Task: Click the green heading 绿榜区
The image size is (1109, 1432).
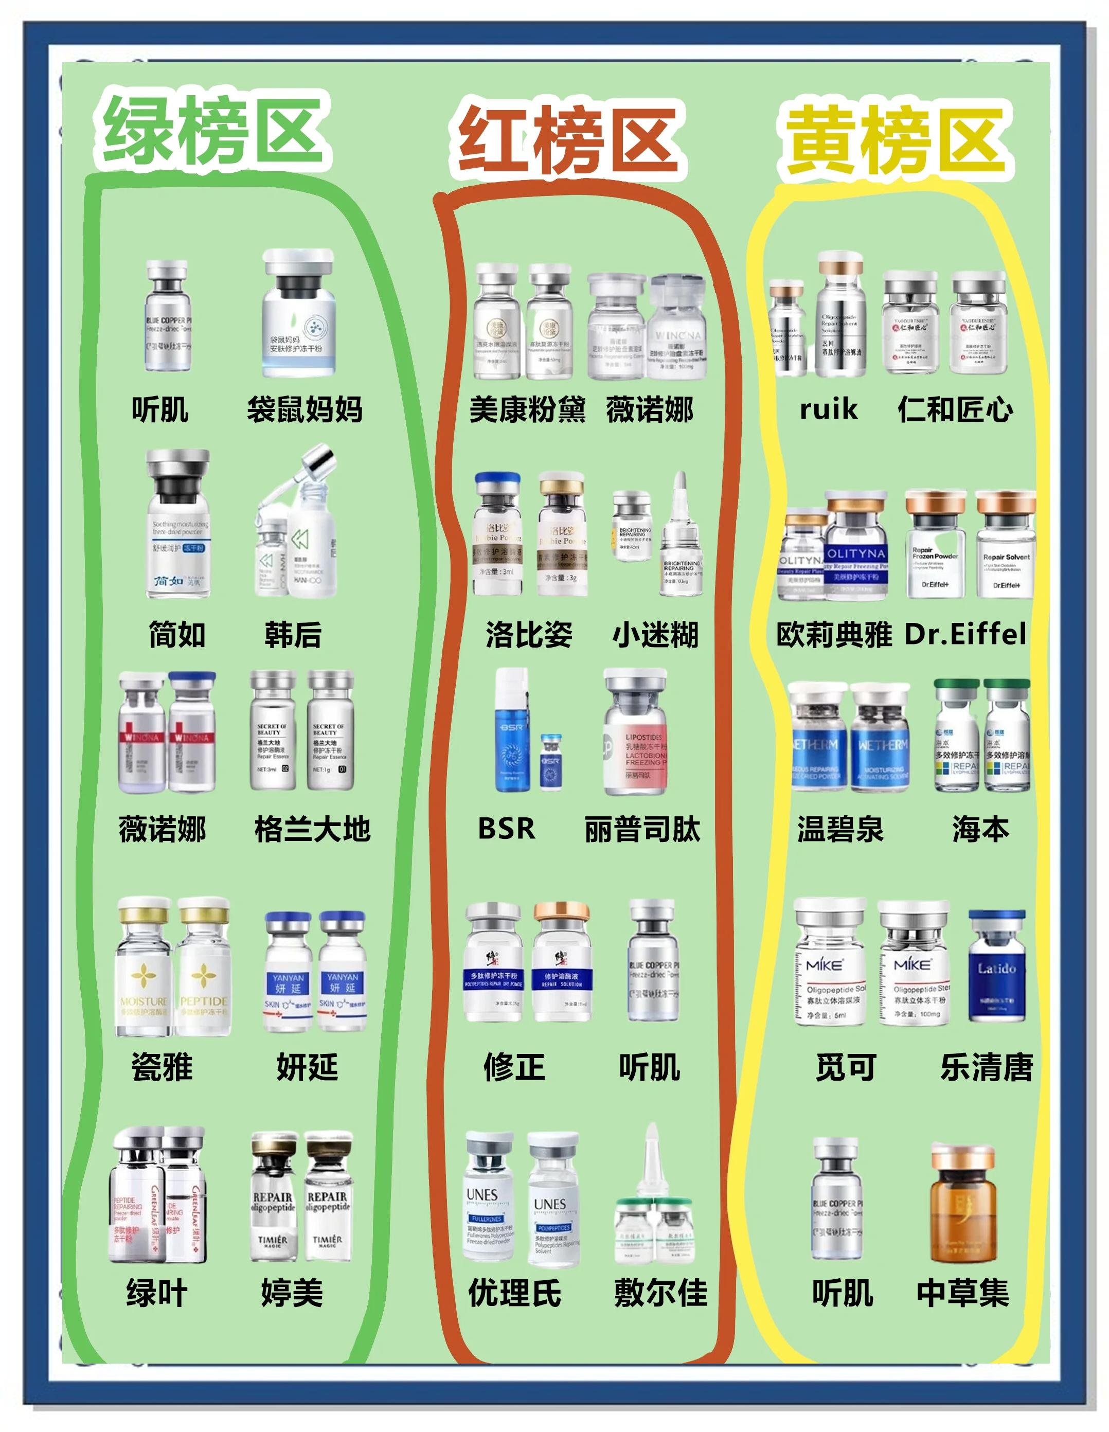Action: [213, 130]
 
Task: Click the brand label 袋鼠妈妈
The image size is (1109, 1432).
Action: [305, 410]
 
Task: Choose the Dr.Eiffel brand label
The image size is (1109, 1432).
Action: [965, 634]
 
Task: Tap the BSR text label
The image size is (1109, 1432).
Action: [506, 828]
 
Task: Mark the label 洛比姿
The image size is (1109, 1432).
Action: [529, 635]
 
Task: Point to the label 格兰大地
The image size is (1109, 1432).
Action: [312, 830]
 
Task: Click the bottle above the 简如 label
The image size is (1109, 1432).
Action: [178, 525]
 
